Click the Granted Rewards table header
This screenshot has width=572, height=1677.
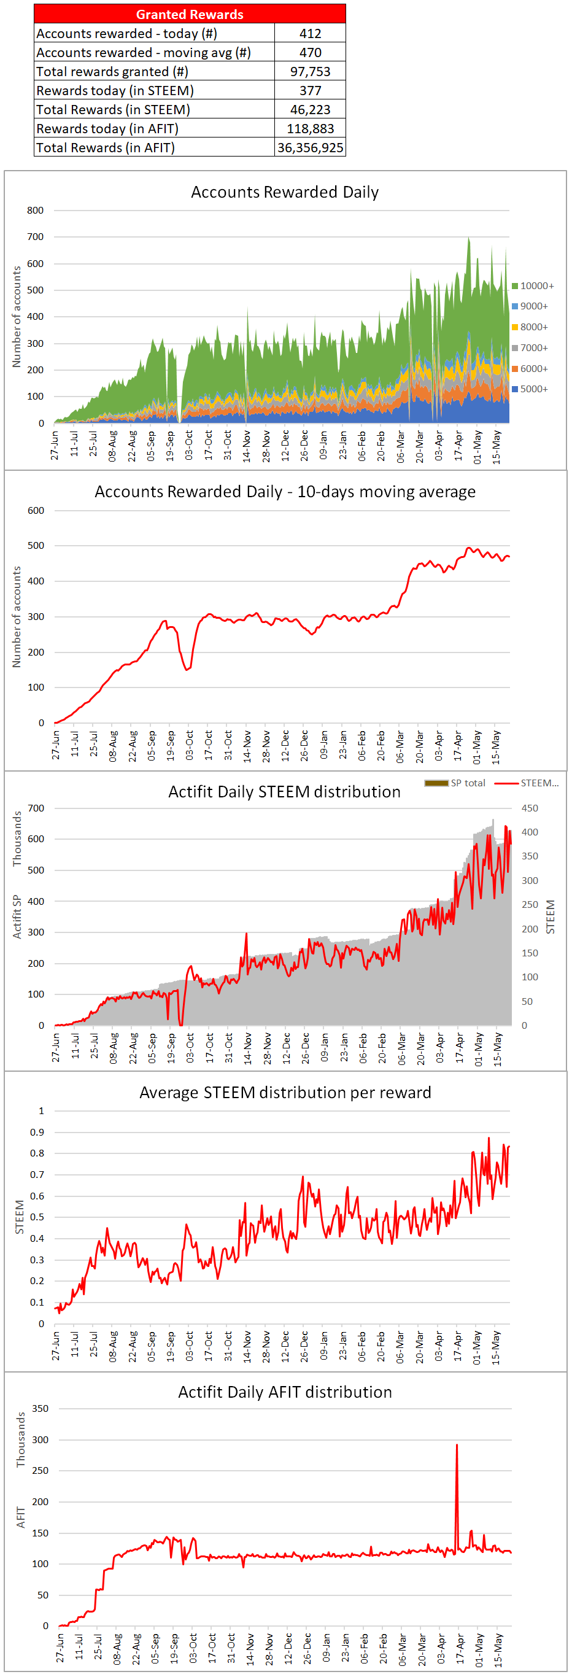[x=190, y=14]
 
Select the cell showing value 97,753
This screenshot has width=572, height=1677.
[x=310, y=72]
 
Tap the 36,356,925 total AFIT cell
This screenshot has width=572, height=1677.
[x=310, y=148]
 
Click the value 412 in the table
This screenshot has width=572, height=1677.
[x=310, y=33]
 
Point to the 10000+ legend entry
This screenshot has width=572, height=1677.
[x=533, y=286]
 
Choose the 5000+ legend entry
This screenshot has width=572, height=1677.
[x=530, y=389]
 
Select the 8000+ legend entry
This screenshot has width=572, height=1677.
[x=530, y=327]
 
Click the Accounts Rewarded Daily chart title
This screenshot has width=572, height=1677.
[x=284, y=192]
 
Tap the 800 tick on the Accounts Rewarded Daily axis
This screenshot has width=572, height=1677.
[x=36, y=211]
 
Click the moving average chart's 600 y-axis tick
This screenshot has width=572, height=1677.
[x=36, y=510]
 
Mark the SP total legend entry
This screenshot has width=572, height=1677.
[x=455, y=783]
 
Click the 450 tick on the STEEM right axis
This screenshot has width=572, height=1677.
[x=530, y=808]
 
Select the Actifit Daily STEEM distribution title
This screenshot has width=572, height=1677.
[x=284, y=792]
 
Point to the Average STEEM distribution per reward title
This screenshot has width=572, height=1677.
[x=285, y=1093]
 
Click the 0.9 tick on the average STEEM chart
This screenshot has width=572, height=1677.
[x=37, y=1132]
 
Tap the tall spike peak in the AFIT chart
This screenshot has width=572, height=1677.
[x=457, y=1444]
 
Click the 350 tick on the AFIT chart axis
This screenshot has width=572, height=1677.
[x=41, y=1408]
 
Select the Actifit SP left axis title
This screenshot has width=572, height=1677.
[x=18, y=916]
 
